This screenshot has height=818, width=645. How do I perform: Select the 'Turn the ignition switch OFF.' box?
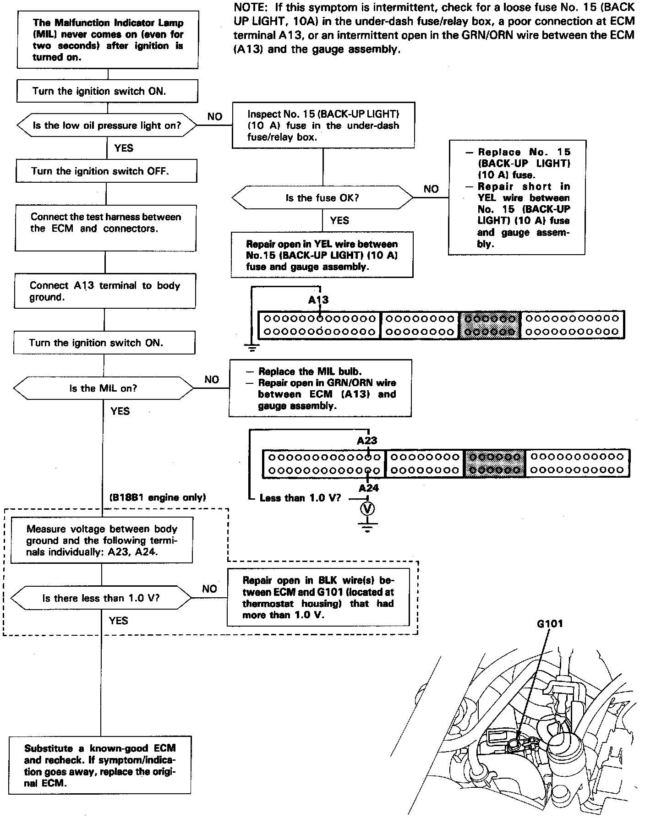click(106, 171)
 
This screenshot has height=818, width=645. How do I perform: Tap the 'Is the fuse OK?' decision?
click(322, 198)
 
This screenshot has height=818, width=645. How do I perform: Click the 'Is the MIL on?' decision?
click(104, 388)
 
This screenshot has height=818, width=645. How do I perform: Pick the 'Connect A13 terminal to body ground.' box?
click(105, 291)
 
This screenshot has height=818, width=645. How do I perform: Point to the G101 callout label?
click(550, 623)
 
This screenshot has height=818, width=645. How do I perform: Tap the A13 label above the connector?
click(318, 300)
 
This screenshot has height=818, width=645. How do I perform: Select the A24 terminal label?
click(369, 488)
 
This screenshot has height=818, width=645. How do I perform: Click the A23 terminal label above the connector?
click(367, 441)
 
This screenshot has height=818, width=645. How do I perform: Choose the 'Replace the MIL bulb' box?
click(320, 388)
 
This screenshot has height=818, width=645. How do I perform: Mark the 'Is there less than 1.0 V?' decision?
click(101, 598)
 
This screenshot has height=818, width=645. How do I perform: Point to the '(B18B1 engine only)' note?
click(158, 497)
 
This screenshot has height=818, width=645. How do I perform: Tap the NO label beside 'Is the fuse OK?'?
click(431, 189)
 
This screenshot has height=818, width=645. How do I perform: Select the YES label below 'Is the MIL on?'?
click(120, 411)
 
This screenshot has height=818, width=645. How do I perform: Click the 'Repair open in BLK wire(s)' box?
click(318, 597)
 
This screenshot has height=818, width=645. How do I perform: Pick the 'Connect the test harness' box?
click(106, 228)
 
